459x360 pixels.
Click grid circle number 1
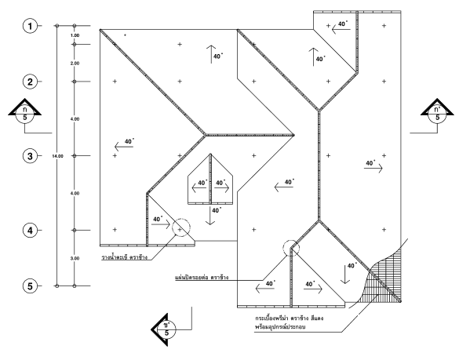(x=30, y=26)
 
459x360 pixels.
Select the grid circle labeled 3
(x=30, y=156)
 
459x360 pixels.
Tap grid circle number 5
(x=30, y=285)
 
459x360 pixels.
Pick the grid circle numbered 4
(x=30, y=231)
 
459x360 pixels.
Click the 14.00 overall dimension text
(x=57, y=156)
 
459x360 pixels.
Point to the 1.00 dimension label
(x=75, y=35)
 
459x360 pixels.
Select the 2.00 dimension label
(x=75, y=64)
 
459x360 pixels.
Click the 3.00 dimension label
(x=75, y=259)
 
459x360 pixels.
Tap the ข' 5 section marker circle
(x=166, y=329)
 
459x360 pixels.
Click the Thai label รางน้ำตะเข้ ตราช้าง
(x=125, y=257)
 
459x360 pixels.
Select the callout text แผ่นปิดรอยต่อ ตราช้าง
(x=202, y=277)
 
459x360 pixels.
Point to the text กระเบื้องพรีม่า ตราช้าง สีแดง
(x=290, y=318)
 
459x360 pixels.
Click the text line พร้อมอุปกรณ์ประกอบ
(x=280, y=326)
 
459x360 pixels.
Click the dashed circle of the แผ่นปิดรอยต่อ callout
(x=291, y=241)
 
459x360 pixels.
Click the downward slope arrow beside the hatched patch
(x=345, y=274)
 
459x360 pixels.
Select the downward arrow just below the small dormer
(x=210, y=216)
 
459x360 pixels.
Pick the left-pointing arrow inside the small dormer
(x=199, y=188)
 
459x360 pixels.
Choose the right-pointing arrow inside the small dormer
(x=222, y=188)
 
